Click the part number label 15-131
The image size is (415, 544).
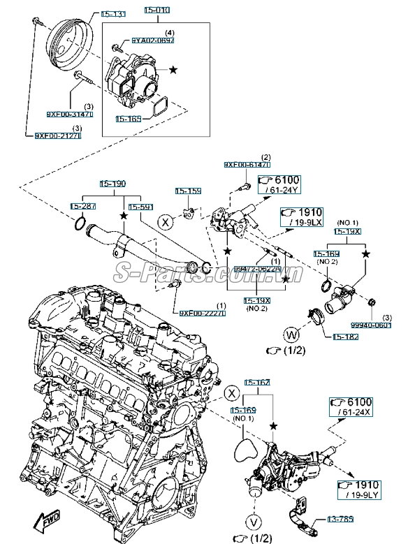(x=113, y=14)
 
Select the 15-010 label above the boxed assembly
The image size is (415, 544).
(x=157, y=11)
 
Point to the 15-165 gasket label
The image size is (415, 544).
(x=130, y=119)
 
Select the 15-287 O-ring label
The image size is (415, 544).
(x=82, y=206)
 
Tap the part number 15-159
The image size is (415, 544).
(x=188, y=191)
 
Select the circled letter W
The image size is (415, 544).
(x=291, y=332)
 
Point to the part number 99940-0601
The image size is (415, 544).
(x=371, y=325)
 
